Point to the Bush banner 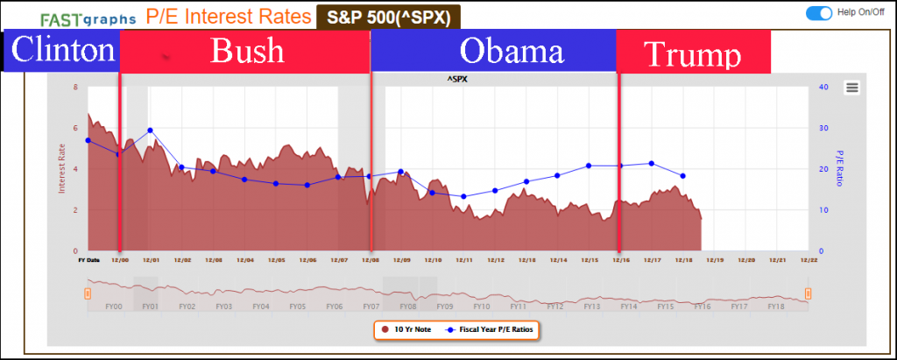coord(247,51)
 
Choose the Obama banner coord(512,51)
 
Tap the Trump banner coord(694,53)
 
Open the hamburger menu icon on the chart coord(852,86)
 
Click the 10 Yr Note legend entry coord(409,330)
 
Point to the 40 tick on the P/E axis coord(823,86)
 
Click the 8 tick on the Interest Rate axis coord(76,87)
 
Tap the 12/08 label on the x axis coord(370,259)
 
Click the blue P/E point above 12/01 coord(151,131)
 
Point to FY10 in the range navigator coord(481,307)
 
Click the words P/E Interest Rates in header coord(228,16)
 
